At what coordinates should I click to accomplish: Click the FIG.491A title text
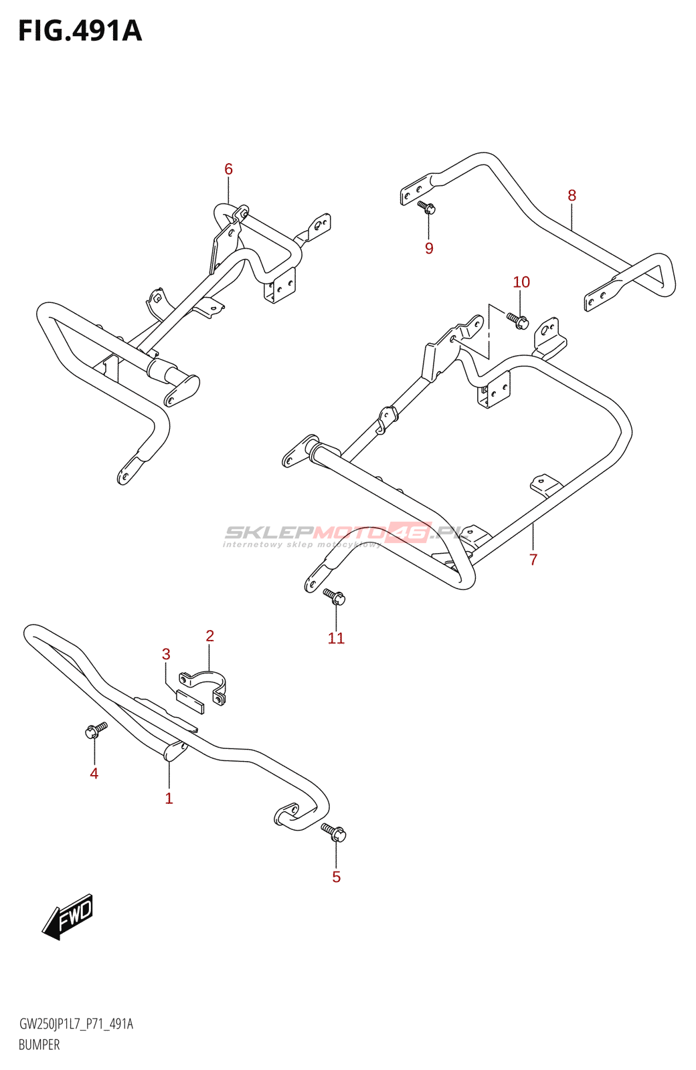pyautogui.click(x=80, y=31)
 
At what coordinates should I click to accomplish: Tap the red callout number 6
pyautogui.click(x=228, y=169)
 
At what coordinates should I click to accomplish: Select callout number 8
pyautogui.click(x=572, y=195)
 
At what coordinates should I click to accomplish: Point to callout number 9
pyautogui.click(x=429, y=248)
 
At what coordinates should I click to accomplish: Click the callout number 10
pyautogui.click(x=521, y=282)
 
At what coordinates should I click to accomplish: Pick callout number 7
pyautogui.click(x=533, y=560)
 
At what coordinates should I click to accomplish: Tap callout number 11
pyautogui.click(x=336, y=639)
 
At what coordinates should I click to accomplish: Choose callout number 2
pyautogui.click(x=209, y=636)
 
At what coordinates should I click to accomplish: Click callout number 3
pyautogui.click(x=166, y=654)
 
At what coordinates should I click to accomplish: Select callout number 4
pyautogui.click(x=94, y=774)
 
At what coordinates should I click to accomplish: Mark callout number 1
pyautogui.click(x=169, y=798)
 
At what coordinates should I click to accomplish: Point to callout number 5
pyautogui.click(x=336, y=877)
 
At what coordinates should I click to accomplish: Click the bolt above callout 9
pyautogui.click(x=427, y=207)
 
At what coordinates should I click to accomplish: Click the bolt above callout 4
pyautogui.click(x=96, y=730)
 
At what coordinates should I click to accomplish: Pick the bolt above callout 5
pyautogui.click(x=334, y=832)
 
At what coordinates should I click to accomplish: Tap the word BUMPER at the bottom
pyautogui.click(x=39, y=1045)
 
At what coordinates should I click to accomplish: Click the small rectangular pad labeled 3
pyautogui.click(x=190, y=702)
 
